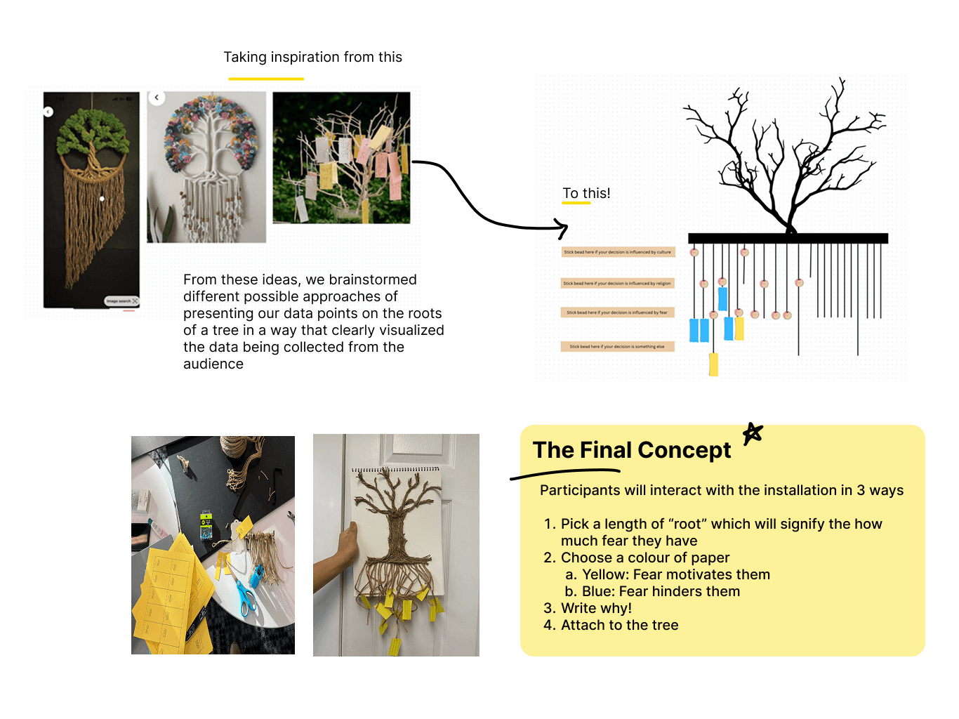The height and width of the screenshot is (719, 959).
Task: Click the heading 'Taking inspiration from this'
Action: tap(312, 58)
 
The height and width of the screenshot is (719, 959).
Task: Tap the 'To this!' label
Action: tap(586, 193)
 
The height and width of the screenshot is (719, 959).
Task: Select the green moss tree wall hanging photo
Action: tap(91, 199)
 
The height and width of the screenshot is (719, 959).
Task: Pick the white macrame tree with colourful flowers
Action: tap(206, 167)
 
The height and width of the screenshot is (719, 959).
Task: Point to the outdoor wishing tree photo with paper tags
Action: tap(341, 158)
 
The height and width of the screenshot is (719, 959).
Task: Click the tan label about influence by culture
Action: tap(618, 252)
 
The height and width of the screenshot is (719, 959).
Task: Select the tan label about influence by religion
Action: tap(618, 284)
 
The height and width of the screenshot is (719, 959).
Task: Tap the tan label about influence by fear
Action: tap(617, 312)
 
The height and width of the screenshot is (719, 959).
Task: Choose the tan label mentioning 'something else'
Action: tap(617, 346)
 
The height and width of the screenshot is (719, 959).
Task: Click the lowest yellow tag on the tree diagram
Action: tap(713, 364)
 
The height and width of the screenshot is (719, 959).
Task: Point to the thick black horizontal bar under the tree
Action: tap(788, 239)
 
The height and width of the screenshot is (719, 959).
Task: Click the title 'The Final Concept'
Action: tap(632, 450)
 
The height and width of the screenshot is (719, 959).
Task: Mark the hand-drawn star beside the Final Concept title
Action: tap(753, 433)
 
